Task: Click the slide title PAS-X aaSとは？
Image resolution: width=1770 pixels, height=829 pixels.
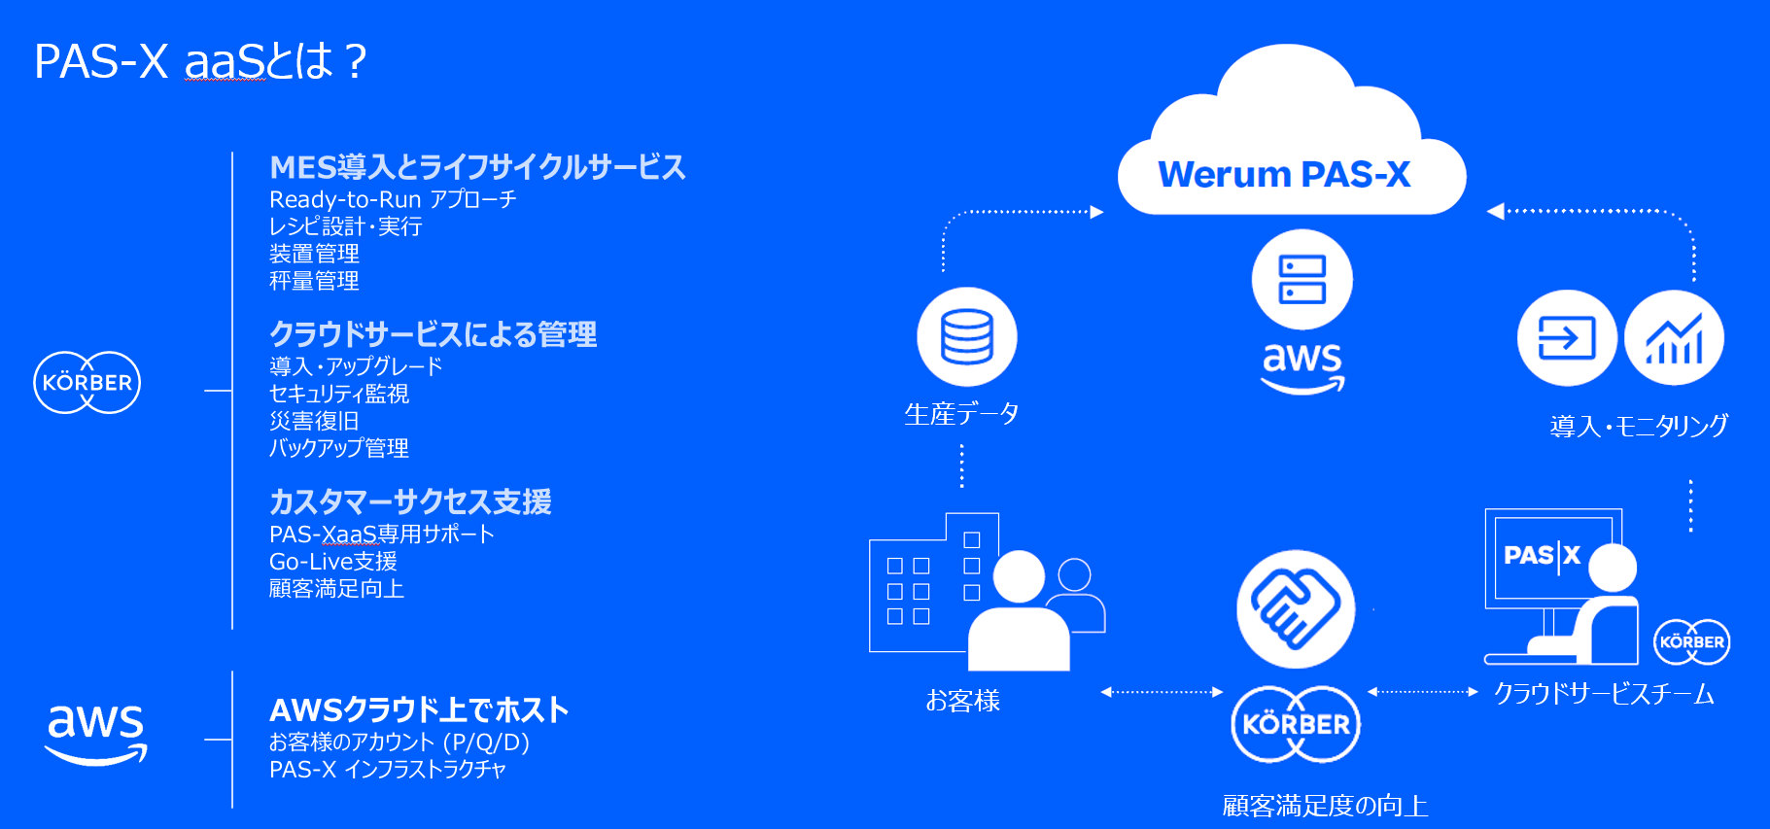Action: [x=200, y=62]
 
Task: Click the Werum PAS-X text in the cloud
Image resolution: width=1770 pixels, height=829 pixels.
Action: [x=1284, y=175]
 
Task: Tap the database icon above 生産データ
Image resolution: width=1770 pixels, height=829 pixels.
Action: [x=966, y=336]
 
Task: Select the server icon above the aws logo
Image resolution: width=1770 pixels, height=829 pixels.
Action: [x=1301, y=280]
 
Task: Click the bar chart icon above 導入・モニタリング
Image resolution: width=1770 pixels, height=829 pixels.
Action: [x=1674, y=338]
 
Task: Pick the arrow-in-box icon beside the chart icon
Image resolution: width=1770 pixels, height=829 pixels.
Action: [x=1567, y=338]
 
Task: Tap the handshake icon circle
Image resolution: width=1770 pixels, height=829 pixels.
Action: [x=1296, y=608]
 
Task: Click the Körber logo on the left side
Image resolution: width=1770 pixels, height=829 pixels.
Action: [x=87, y=382]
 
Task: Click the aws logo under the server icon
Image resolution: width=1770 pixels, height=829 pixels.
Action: [x=1302, y=366]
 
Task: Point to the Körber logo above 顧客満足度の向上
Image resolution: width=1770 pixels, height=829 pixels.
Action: [x=1296, y=724]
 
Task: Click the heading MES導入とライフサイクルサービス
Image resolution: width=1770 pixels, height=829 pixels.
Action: [x=477, y=167]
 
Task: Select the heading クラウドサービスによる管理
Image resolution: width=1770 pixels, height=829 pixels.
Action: [x=433, y=334]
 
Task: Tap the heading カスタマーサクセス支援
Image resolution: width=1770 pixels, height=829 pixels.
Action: [x=410, y=501]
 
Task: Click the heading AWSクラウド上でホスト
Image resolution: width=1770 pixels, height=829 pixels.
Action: [x=419, y=709]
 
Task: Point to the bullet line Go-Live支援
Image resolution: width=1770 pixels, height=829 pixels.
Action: [x=332, y=562]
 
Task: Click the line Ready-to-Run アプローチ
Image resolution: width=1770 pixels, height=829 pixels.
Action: [x=393, y=199]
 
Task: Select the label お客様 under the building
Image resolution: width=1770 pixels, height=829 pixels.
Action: [x=962, y=701]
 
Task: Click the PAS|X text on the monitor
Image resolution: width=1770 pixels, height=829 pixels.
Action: [x=1543, y=555]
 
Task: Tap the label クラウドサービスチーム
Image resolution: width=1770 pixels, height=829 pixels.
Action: [x=1604, y=694]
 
